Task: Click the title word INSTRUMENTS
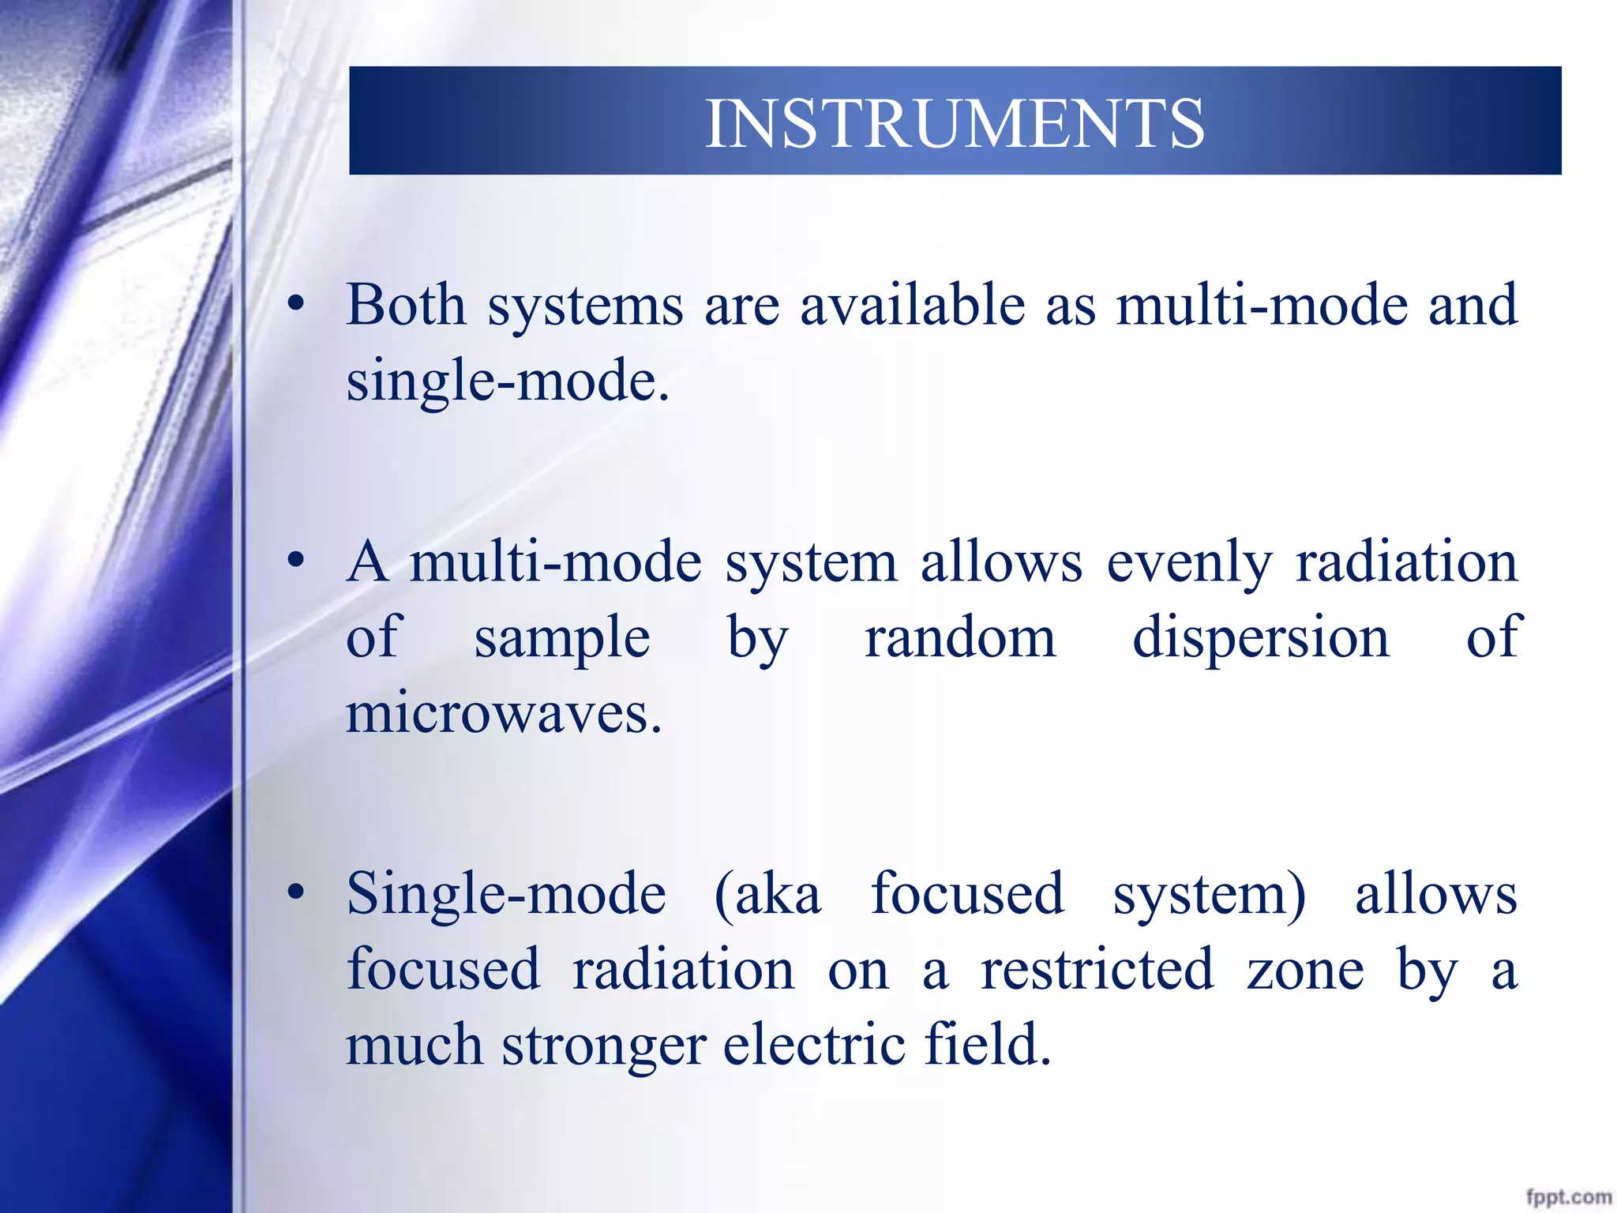pyautogui.click(x=954, y=123)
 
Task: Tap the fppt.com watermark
pyautogui.click(x=1568, y=1196)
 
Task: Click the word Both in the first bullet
pyautogui.click(x=406, y=305)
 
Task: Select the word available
pyautogui.click(x=912, y=305)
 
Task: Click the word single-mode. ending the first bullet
pyautogui.click(x=508, y=381)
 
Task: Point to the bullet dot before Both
pyautogui.click(x=296, y=305)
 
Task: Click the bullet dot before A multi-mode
pyautogui.click(x=296, y=561)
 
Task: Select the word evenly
pyautogui.click(x=1189, y=564)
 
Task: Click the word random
pyautogui.click(x=959, y=638)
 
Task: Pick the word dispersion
pyautogui.click(x=1260, y=638)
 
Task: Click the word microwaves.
pyautogui.click(x=503, y=713)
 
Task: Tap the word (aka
pyautogui.click(x=767, y=896)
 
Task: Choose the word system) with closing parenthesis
pyautogui.click(x=1209, y=896)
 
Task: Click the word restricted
pyautogui.click(x=1097, y=970)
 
